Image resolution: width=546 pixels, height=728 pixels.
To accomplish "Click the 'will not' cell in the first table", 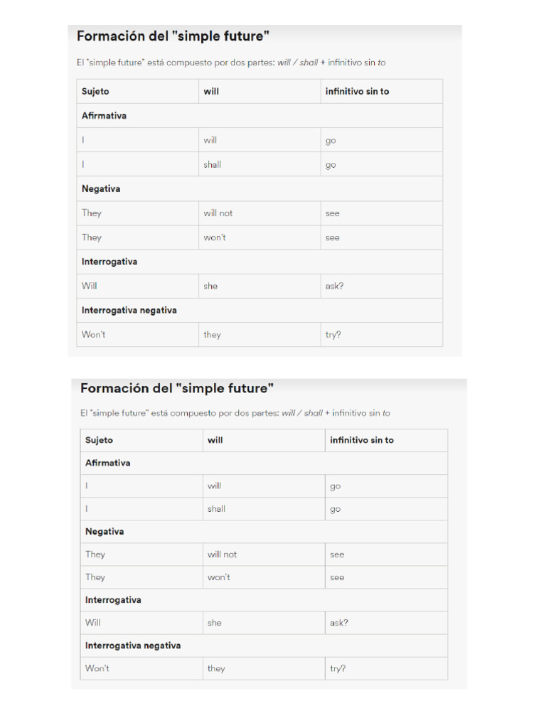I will (x=218, y=213).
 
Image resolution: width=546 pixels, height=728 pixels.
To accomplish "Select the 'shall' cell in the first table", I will (x=212, y=165).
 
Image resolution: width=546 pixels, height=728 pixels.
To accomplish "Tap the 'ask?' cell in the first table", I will (x=334, y=286).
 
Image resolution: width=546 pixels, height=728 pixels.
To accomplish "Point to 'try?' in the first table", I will (x=333, y=335).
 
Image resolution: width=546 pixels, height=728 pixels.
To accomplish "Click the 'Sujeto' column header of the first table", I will (x=95, y=92).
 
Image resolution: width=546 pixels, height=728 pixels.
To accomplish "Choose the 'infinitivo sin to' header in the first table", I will (x=357, y=92).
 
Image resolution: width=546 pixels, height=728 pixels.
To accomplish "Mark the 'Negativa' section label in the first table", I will (x=101, y=189).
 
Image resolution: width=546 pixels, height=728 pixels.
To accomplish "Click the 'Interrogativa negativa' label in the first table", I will (x=129, y=311).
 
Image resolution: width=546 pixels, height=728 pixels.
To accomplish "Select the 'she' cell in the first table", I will (x=210, y=286).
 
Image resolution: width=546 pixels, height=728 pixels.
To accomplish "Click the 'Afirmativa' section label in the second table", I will (x=107, y=463).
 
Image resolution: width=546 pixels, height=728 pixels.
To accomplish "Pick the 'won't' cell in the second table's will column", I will (x=219, y=577).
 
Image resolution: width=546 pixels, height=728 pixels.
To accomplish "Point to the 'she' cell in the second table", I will (x=215, y=623).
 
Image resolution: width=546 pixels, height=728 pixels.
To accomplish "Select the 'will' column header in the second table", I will (x=215, y=440).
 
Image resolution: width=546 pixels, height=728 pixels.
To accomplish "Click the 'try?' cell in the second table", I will (x=338, y=669).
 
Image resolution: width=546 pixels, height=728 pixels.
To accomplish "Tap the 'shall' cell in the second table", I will (x=216, y=509).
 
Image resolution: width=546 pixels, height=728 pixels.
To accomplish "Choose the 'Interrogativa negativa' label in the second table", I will (x=133, y=646).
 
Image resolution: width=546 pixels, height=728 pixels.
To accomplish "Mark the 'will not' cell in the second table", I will (x=223, y=555).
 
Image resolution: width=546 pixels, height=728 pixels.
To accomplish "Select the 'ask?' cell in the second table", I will (x=339, y=623).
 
